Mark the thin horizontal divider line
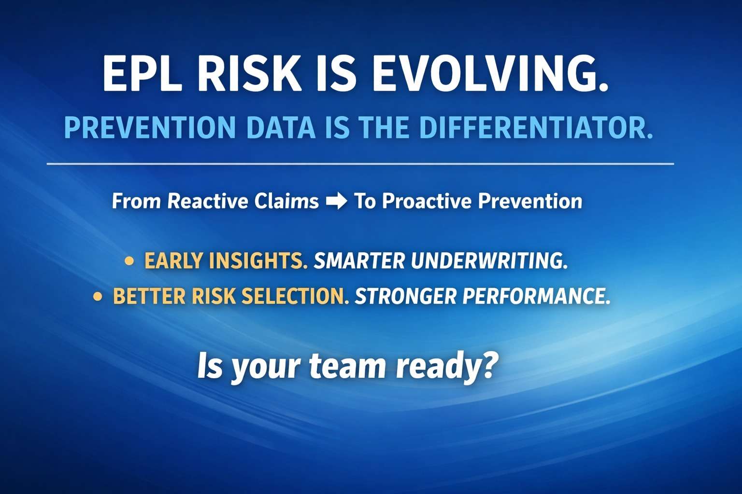tap(360, 164)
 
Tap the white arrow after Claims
tap(336, 201)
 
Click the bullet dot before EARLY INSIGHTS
tap(129, 261)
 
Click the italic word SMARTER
tap(359, 261)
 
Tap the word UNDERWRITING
tap(489, 261)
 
